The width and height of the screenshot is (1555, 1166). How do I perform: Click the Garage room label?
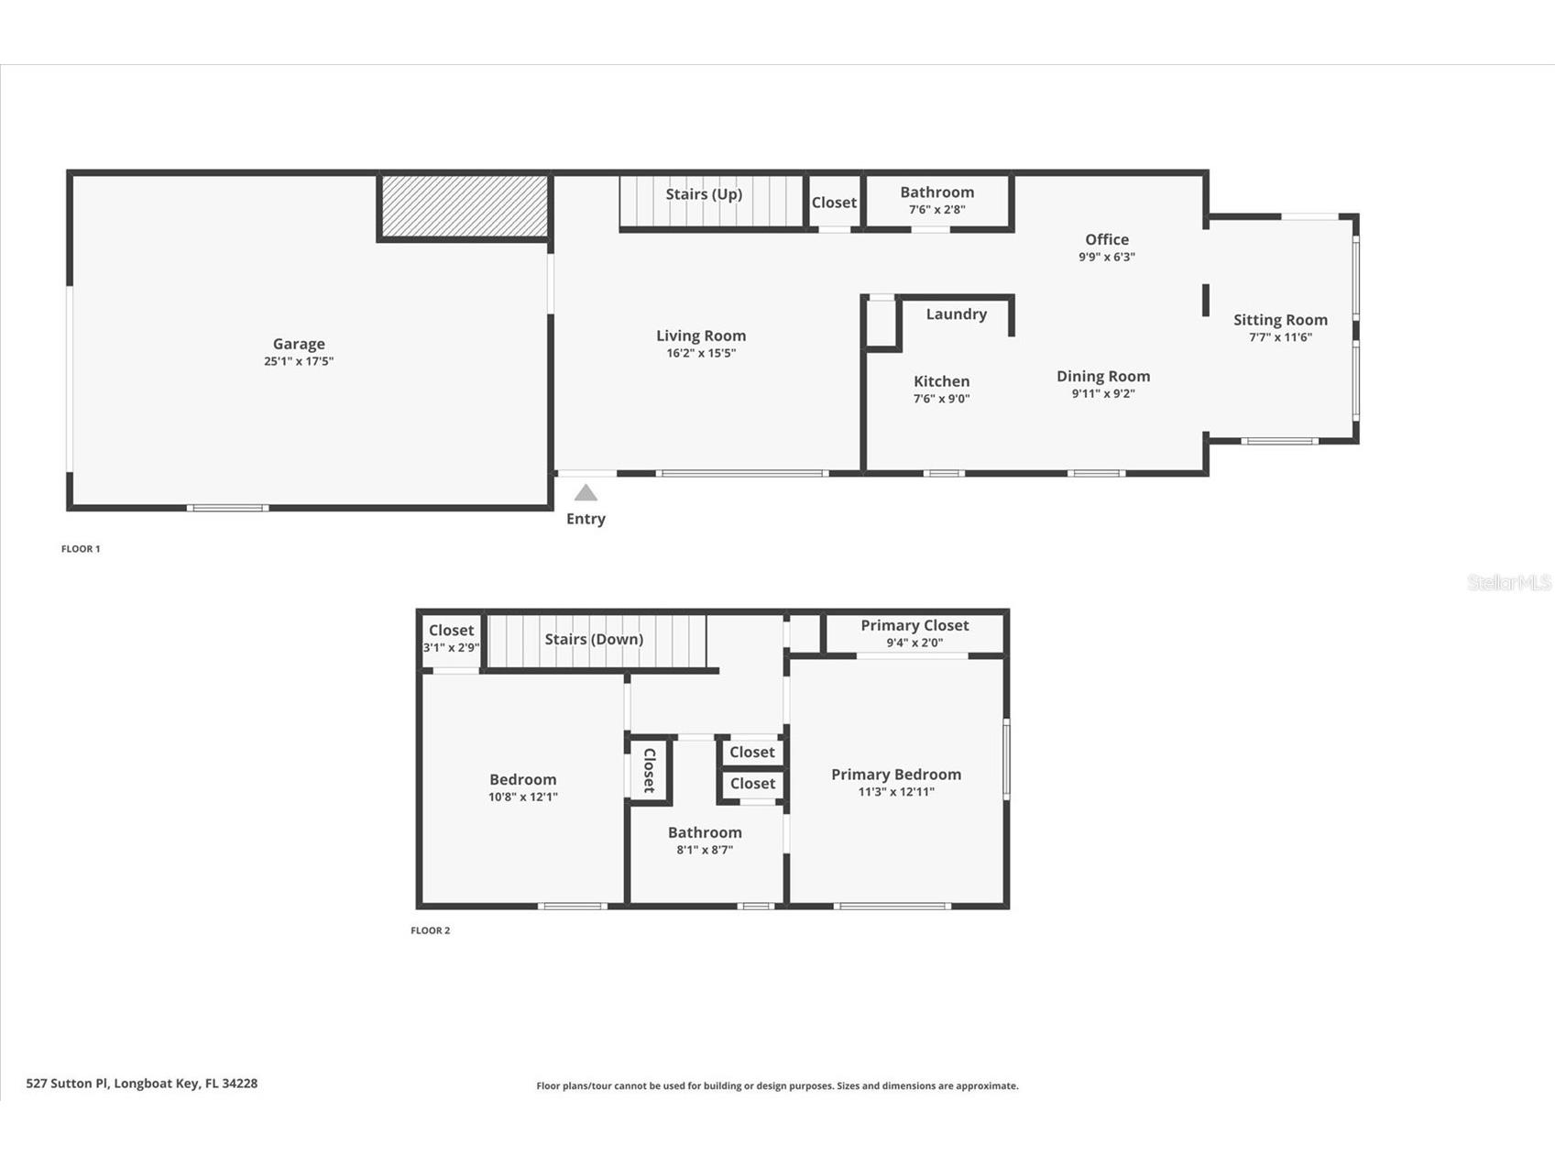(299, 344)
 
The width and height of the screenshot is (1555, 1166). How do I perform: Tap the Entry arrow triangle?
(586, 493)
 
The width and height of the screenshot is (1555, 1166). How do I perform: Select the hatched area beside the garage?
(465, 206)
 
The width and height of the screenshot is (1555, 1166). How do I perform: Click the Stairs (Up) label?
(704, 194)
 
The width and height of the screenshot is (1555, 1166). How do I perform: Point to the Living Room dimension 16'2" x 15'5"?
(701, 353)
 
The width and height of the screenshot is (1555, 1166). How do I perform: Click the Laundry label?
(956, 313)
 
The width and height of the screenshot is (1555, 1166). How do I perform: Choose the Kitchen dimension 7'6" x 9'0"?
(941, 399)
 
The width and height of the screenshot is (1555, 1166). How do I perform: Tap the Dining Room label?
(1102, 376)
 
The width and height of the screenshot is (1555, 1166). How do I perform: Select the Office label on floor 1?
(1106, 239)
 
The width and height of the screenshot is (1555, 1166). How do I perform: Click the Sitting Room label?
(1280, 320)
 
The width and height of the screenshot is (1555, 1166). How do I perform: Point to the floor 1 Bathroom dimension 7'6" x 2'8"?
(936, 209)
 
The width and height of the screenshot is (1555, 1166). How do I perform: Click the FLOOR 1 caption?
(81, 549)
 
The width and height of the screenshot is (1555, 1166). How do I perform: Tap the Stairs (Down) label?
(594, 639)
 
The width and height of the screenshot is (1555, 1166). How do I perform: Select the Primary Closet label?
(914, 625)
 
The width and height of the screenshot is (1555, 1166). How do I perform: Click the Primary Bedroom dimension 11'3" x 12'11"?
(895, 792)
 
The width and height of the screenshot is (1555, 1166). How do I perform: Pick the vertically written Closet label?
(649, 771)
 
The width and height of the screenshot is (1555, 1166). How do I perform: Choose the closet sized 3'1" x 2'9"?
(451, 638)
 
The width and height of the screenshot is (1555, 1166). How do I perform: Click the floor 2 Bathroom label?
(704, 832)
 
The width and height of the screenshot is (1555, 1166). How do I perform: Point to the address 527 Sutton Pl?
(141, 1083)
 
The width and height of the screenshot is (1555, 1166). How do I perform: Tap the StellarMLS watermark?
(1508, 582)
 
